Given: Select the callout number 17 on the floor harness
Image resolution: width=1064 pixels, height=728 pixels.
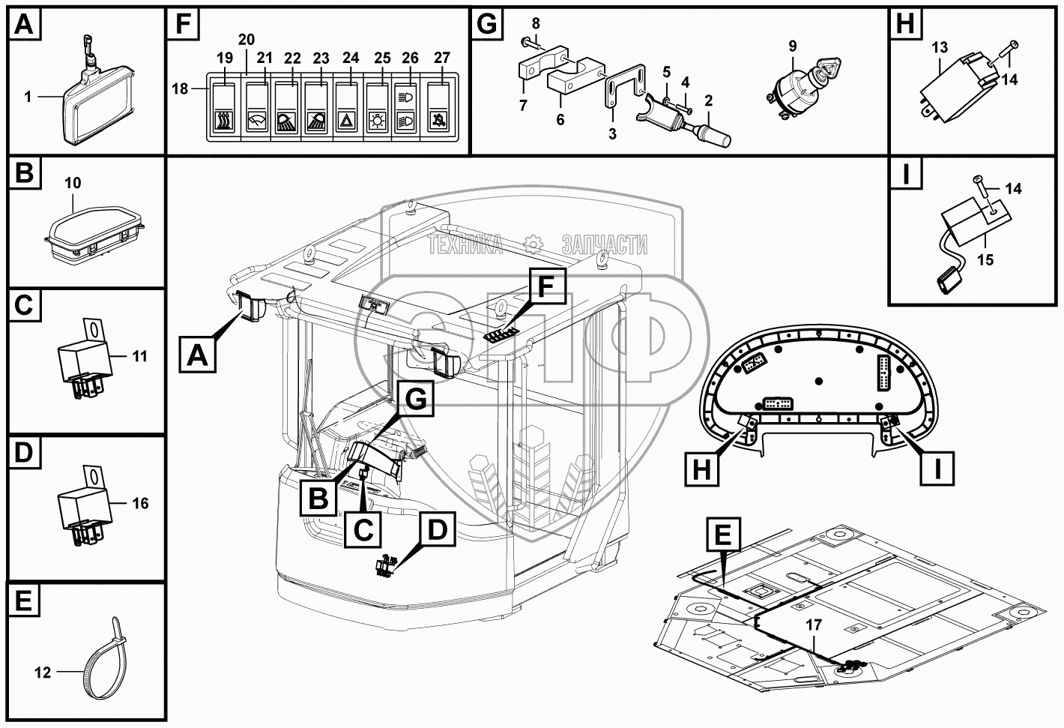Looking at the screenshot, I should (x=814, y=624).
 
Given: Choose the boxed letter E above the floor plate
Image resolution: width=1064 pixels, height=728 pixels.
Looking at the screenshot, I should (x=722, y=535).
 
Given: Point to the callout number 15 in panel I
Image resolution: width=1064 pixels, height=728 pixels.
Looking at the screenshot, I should (x=985, y=259).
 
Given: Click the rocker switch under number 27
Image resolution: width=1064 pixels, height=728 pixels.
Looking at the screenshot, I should (x=441, y=109).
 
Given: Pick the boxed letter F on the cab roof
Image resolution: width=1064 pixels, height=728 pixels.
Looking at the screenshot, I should (x=547, y=286).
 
